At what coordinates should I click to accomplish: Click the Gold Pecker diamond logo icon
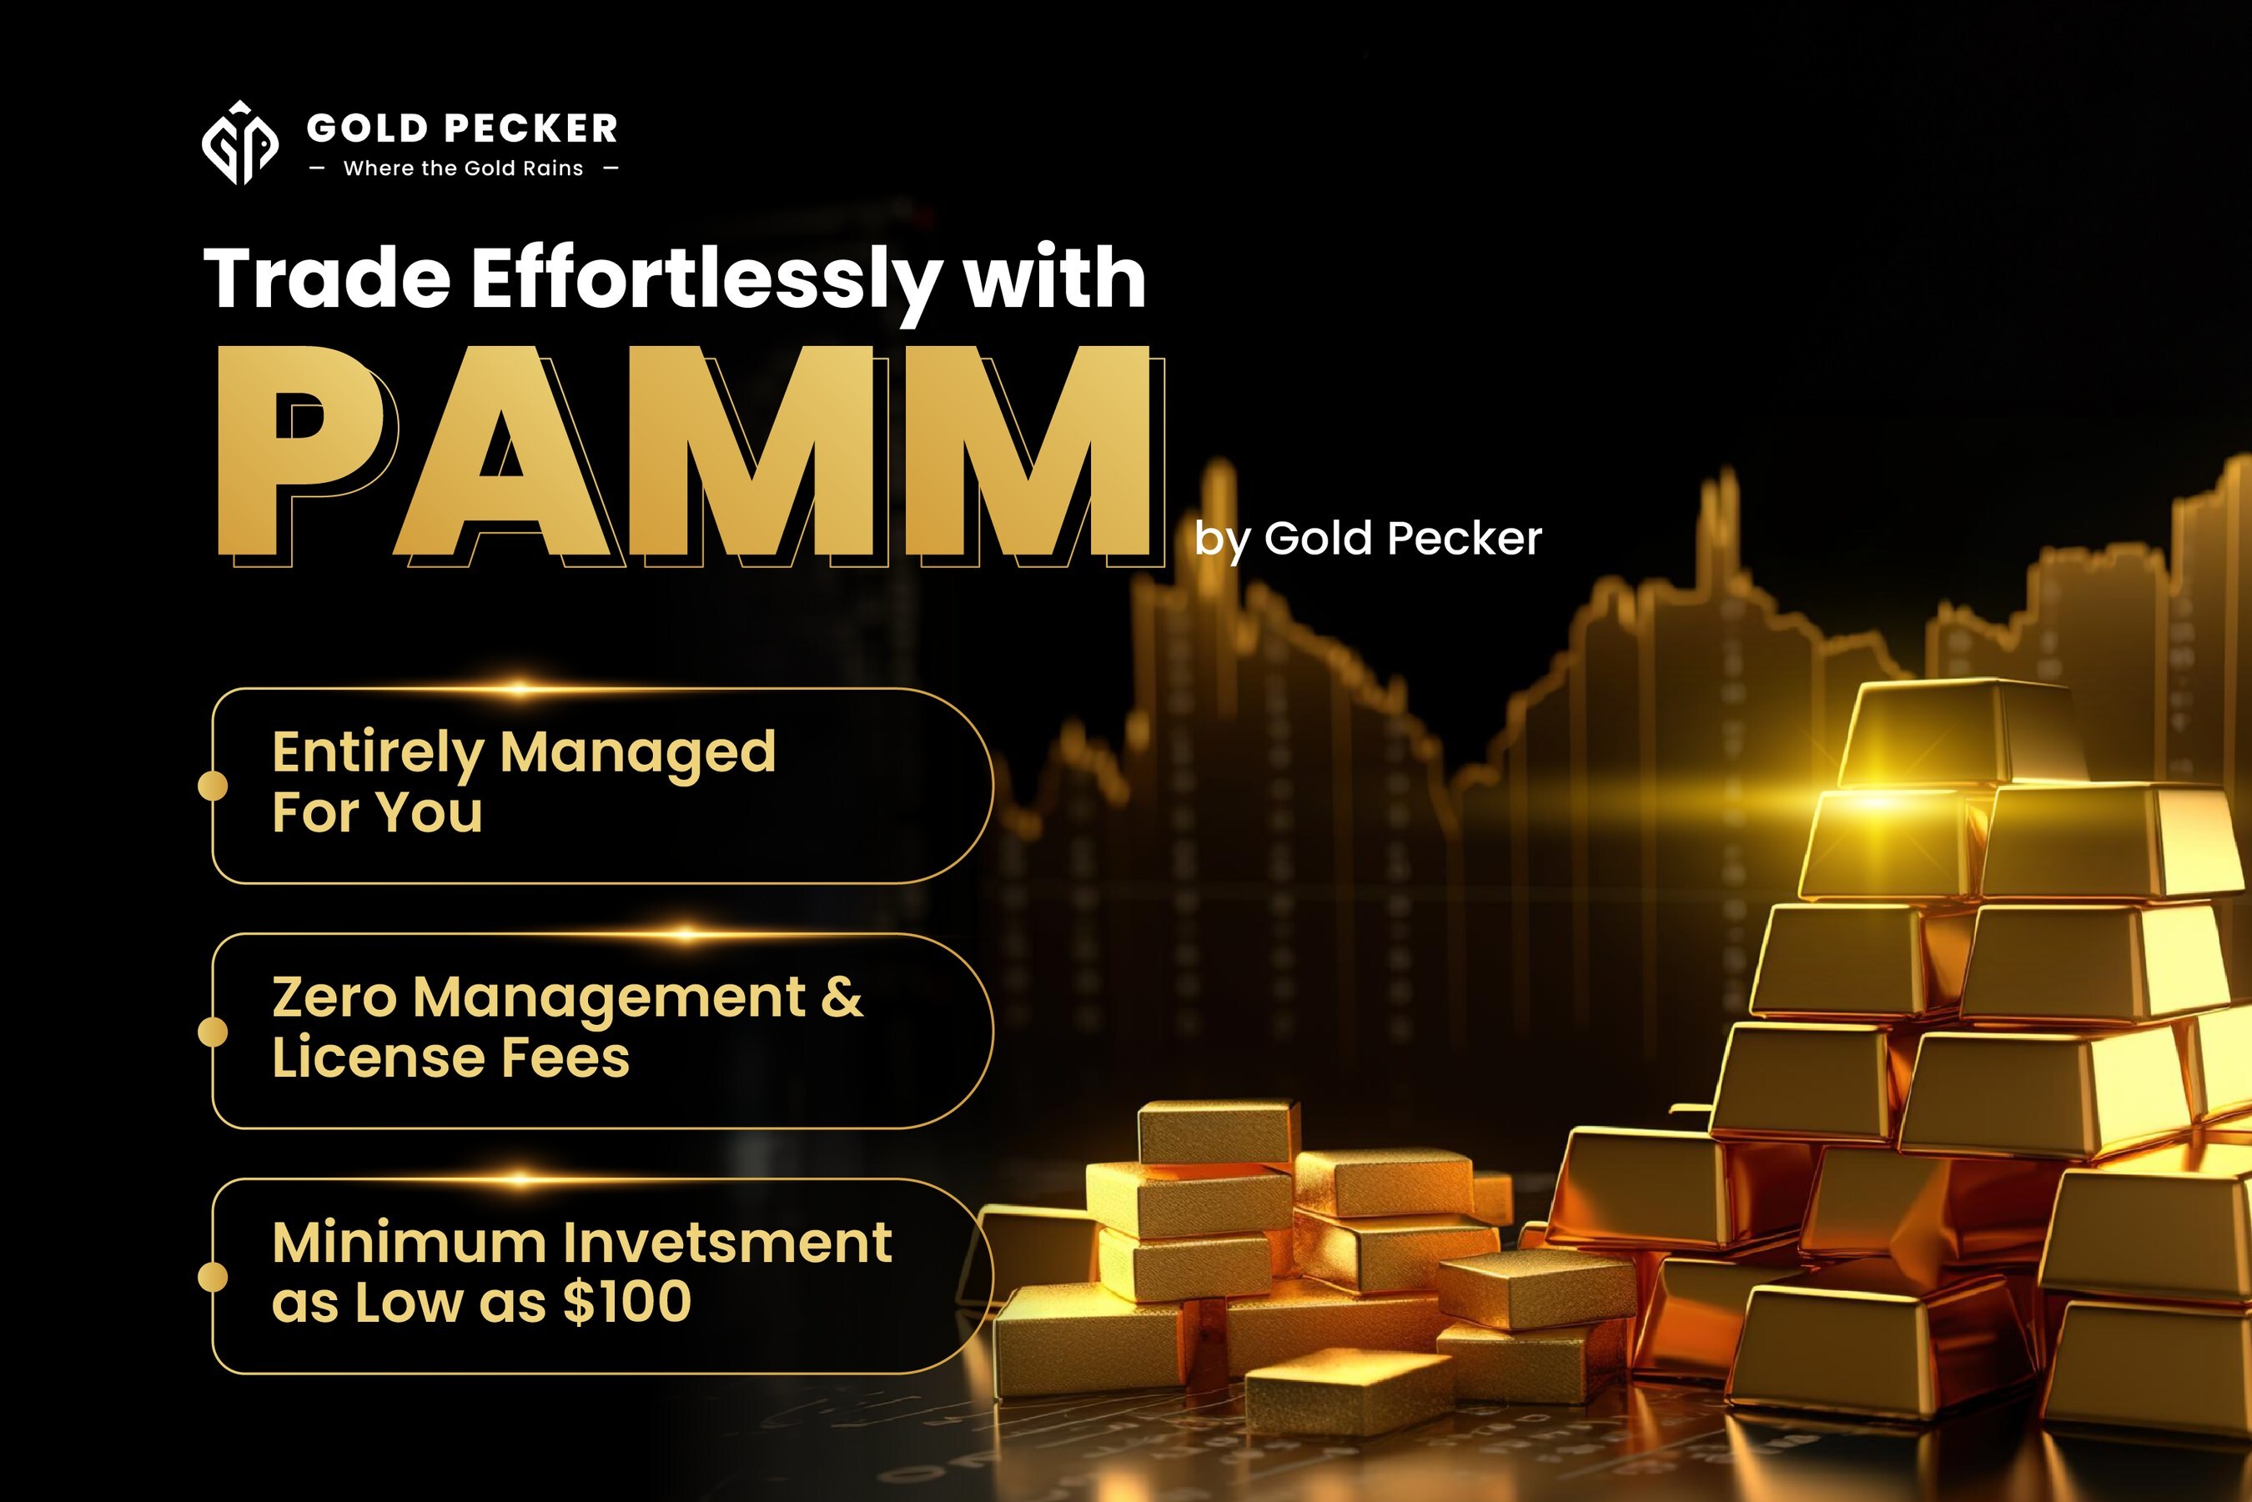(239, 143)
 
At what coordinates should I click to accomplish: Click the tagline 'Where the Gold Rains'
(464, 168)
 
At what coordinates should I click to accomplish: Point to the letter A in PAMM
(503, 456)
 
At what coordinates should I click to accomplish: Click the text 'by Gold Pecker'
(1368, 540)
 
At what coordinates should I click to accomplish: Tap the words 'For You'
(377, 812)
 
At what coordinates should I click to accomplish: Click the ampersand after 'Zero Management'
(842, 997)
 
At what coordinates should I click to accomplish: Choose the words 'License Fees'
(450, 1057)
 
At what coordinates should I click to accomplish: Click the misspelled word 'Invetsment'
(727, 1243)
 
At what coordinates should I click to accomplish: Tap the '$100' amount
(627, 1302)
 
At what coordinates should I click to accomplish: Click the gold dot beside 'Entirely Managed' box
(213, 786)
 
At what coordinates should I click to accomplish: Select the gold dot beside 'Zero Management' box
(213, 1032)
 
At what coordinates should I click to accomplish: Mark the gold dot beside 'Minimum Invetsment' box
(213, 1277)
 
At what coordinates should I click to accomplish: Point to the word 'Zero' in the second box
(334, 997)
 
